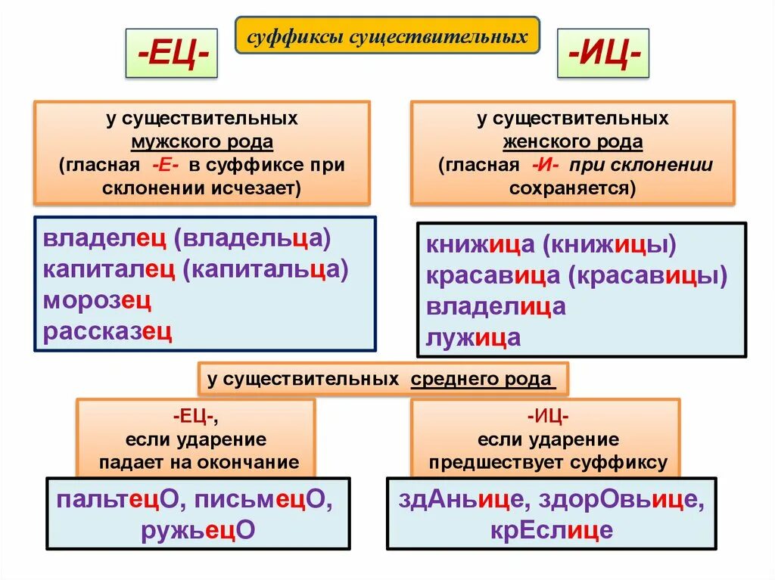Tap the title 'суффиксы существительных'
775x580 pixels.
coord(387,36)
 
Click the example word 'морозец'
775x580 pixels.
coord(97,300)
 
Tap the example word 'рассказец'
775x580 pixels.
coord(107,331)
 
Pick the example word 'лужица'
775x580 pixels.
coord(473,337)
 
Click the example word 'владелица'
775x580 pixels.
coord(496,306)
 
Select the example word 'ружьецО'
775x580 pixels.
coord(198,530)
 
